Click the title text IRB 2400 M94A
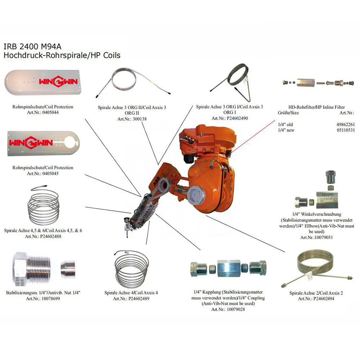32,46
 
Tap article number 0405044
50,112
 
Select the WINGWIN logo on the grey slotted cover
31,143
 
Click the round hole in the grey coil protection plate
70,143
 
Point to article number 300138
140,119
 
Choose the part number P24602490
237,118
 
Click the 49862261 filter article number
346,125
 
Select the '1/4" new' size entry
286,130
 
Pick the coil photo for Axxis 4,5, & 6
43,205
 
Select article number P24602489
139,299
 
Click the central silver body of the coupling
229,269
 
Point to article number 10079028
236,310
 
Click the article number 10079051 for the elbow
323,238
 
